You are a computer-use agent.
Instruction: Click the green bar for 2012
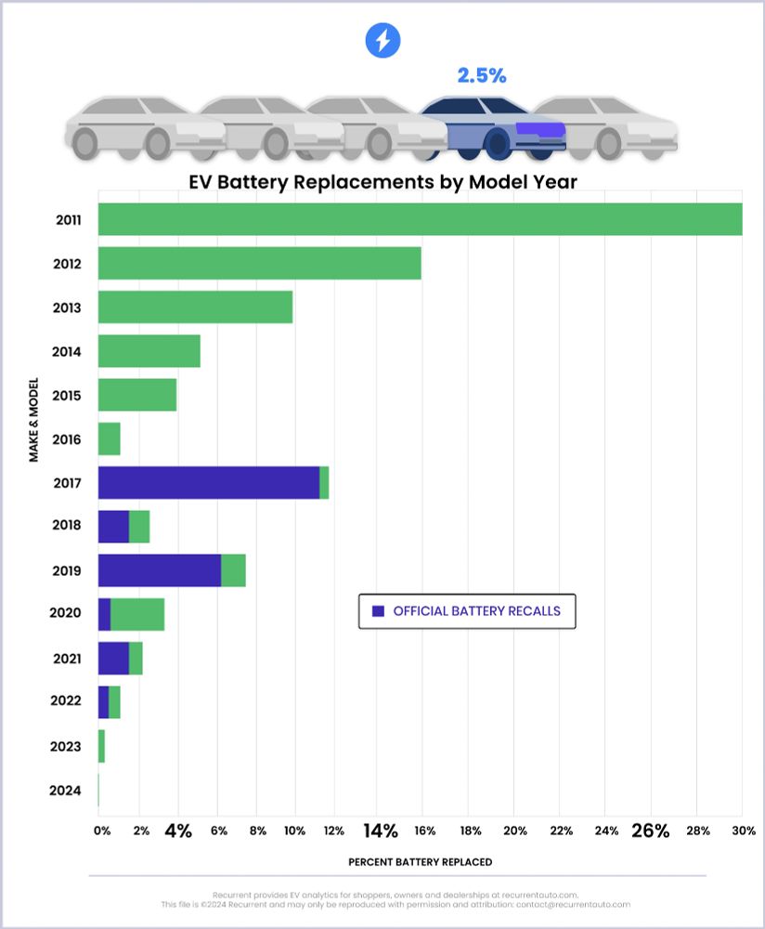click(259, 264)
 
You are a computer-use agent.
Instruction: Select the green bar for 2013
click(195, 307)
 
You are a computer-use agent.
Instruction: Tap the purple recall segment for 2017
click(209, 483)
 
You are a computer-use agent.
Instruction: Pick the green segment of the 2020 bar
click(137, 615)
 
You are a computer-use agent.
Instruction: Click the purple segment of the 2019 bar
click(159, 570)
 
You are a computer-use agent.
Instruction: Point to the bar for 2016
click(109, 439)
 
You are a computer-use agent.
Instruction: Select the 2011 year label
click(68, 220)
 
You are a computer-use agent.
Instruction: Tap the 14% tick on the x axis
click(380, 831)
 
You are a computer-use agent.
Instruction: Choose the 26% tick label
click(650, 831)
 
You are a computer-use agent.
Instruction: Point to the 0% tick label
click(102, 831)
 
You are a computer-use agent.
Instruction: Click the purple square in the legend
click(377, 611)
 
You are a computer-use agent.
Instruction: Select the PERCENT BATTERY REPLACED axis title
click(421, 861)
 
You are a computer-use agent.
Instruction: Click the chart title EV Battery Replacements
click(382, 181)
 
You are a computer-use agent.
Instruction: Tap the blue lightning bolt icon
click(382, 40)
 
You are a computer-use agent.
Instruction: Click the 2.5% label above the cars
click(481, 75)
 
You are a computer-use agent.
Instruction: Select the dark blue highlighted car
click(492, 125)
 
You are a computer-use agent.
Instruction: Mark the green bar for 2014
click(149, 351)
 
